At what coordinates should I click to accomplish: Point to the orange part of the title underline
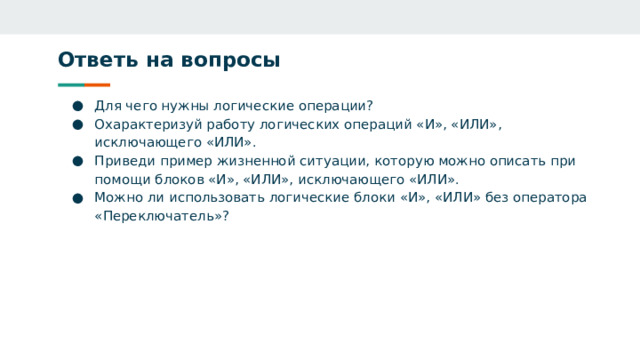point(97,84)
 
